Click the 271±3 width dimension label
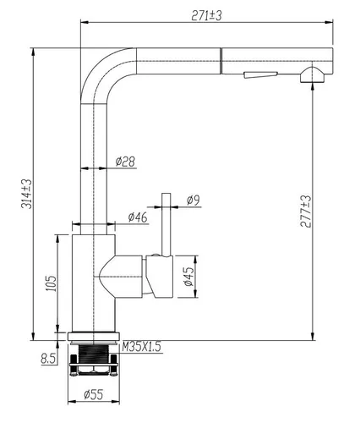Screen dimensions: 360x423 click(x=206, y=15)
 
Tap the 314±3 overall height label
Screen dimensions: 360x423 click(x=27, y=194)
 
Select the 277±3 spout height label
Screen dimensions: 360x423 click(x=306, y=211)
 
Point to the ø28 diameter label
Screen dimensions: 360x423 click(x=125, y=162)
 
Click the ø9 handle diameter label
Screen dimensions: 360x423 click(x=194, y=200)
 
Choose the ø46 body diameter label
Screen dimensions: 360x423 click(x=138, y=217)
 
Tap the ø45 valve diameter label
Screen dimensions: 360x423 click(x=188, y=277)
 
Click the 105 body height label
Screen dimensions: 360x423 click(x=51, y=283)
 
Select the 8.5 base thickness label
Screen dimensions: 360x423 click(x=48, y=359)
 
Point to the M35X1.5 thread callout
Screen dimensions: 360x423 click(x=141, y=347)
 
